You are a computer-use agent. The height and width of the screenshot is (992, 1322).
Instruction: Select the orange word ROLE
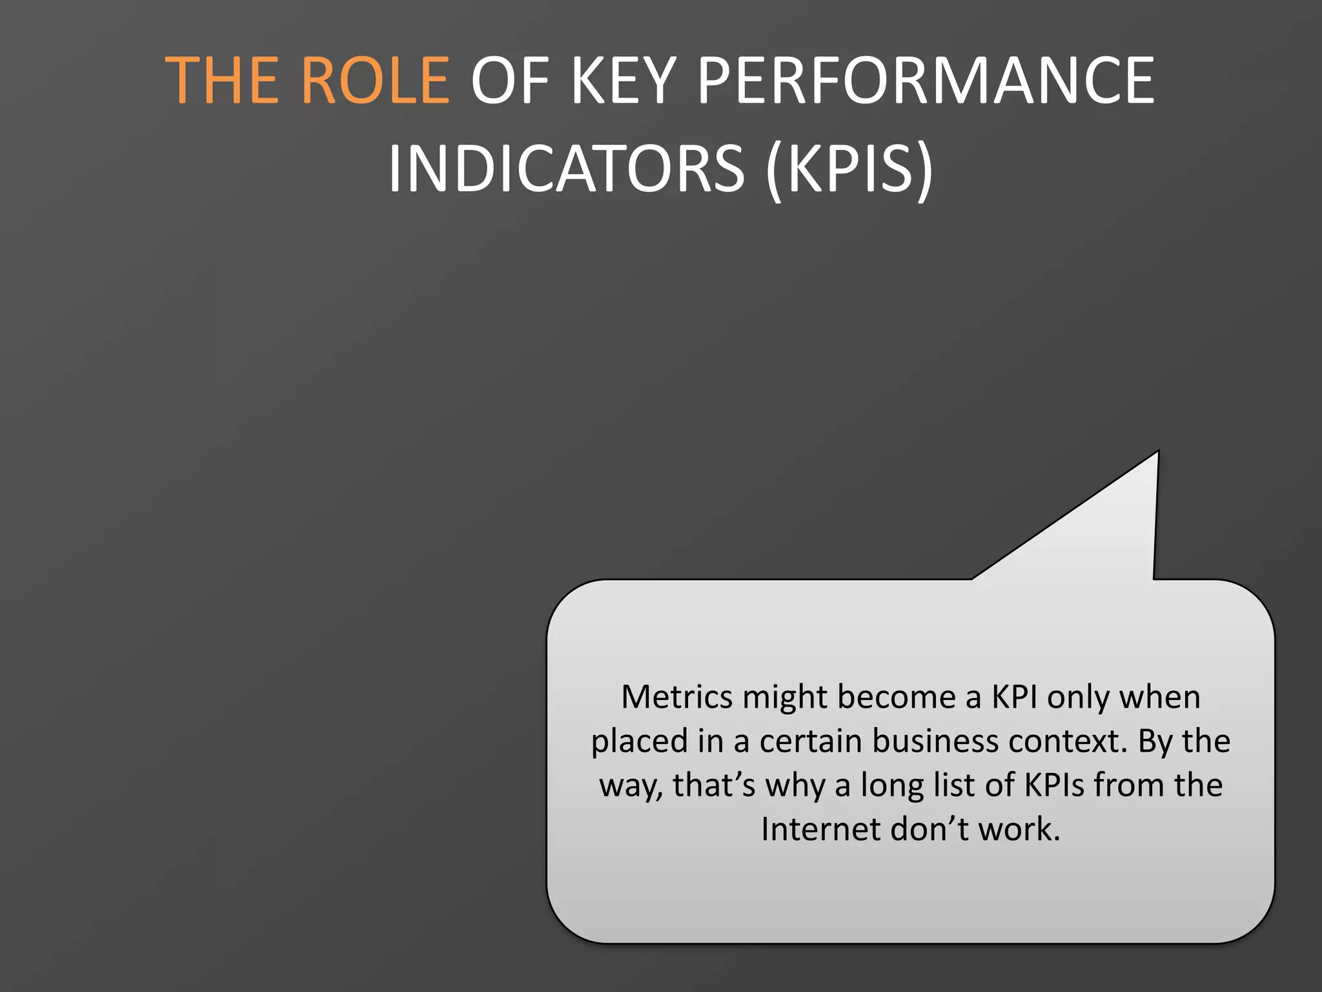[375, 80]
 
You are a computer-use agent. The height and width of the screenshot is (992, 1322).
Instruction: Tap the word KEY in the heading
[624, 80]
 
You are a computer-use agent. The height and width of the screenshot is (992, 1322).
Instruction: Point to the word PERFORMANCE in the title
[926, 80]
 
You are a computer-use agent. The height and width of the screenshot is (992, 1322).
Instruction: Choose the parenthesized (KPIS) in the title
[849, 169]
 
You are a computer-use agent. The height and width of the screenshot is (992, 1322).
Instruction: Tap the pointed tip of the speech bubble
[1157, 453]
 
